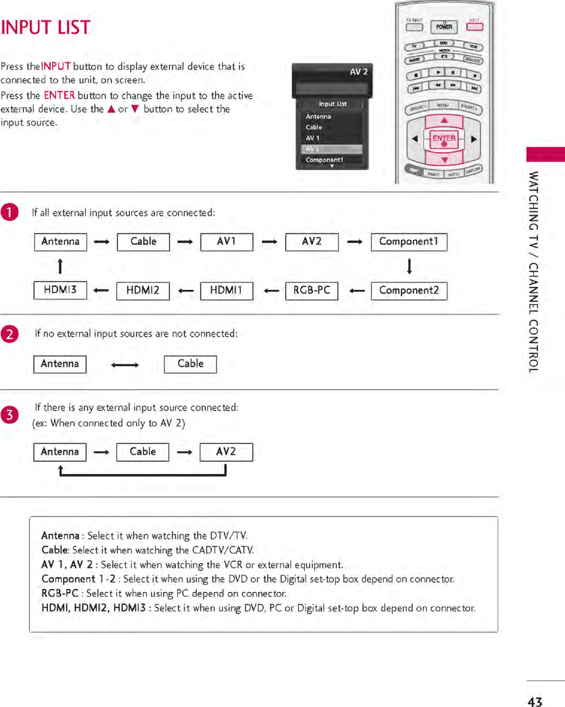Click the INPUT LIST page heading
46,27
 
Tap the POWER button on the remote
444,27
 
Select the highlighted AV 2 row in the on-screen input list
331,149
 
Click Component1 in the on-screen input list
325,160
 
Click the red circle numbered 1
9,212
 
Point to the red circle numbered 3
9,414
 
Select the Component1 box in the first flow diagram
409,242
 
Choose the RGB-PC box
311,291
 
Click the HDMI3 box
60,290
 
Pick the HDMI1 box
226,291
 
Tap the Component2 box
409,291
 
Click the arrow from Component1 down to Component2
409,266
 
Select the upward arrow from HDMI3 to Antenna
60,266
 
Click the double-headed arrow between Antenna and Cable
125,365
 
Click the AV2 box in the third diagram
226,452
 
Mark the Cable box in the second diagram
190,364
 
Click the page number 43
535,701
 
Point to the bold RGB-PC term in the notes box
60,593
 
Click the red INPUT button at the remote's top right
475,27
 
